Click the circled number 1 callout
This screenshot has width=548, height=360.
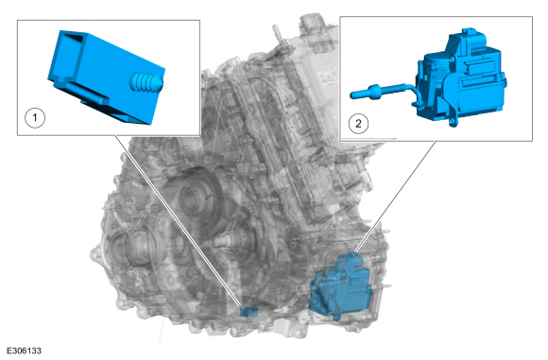tap(35, 117)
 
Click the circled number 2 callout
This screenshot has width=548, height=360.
tap(358, 123)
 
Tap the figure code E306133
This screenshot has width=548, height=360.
tap(24, 351)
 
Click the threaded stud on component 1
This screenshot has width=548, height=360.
tap(146, 82)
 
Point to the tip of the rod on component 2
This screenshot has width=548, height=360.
tap(352, 94)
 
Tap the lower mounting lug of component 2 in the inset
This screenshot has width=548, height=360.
tap(454, 122)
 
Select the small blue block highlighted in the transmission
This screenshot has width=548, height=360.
tap(248, 312)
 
